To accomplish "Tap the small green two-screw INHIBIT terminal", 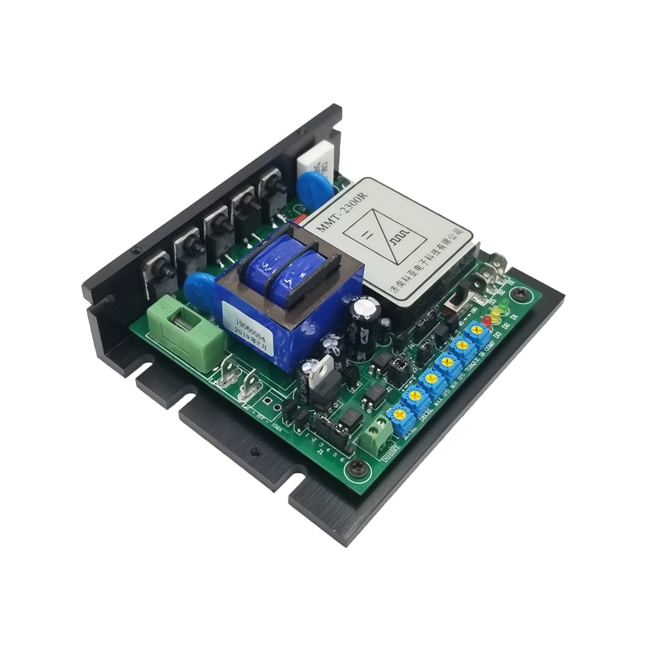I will [375, 436].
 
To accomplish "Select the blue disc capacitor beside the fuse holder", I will [200, 288].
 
